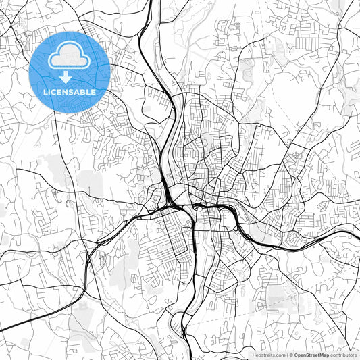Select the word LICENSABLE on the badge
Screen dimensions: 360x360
coord(69,91)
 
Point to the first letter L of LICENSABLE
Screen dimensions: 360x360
coord(45,91)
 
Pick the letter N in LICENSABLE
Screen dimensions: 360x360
coord(66,91)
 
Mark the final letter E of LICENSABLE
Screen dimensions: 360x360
coord(93,91)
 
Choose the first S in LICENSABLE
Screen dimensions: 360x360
coord(72,91)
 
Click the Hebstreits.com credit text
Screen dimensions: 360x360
coord(268,355)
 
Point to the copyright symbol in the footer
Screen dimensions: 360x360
coord(291,355)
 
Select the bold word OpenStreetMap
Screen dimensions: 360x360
coord(311,355)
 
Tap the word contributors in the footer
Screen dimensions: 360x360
coord(343,355)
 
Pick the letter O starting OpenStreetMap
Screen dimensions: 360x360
coord(296,355)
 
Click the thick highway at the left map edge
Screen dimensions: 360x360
coord(3,330)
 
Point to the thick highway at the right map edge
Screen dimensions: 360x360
coord(357,234)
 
